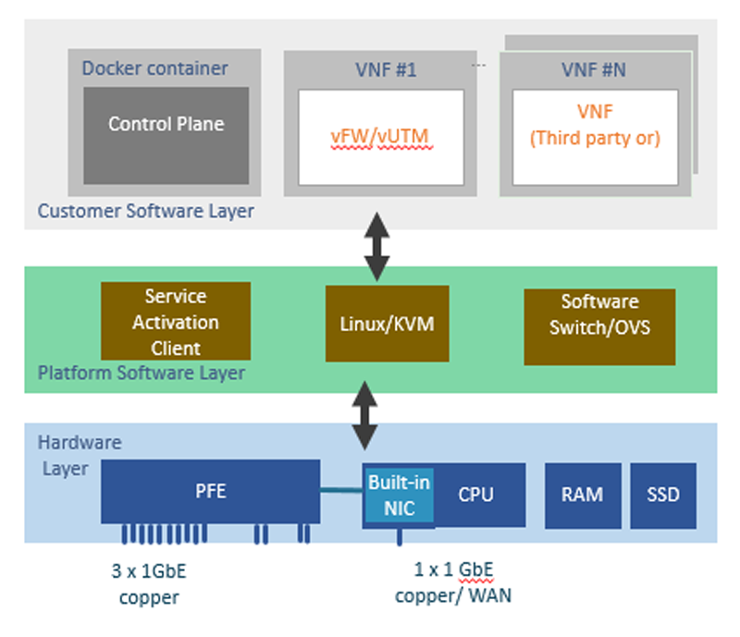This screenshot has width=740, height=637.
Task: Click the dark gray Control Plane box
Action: pyautogui.click(x=166, y=135)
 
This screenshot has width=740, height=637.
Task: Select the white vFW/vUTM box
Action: pyautogui.click(x=382, y=137)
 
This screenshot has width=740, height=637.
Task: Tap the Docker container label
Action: pyautogui.click(x=154, y=68)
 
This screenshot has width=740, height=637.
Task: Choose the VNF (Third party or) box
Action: pyautogui.click(x=594, y=136)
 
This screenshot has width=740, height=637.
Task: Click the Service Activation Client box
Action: pyautogui.click(x=175, y=322)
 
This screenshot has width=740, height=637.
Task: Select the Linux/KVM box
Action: pyautogui.click(x=387, y=324)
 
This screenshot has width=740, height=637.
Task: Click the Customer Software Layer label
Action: pyautogui.click(x=145, y=211)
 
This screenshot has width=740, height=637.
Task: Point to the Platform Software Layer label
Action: pyautogui.click(x=142, y=374)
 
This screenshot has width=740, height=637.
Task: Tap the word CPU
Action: pyautogui.click(x=475, y=495)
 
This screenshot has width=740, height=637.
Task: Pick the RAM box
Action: pyautogui.click(x=582, y=495)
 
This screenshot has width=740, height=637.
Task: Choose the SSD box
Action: pyautogui.click(x=662, y=495)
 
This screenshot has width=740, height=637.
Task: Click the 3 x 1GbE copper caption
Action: pyautogui.click(x=149, y=583)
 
